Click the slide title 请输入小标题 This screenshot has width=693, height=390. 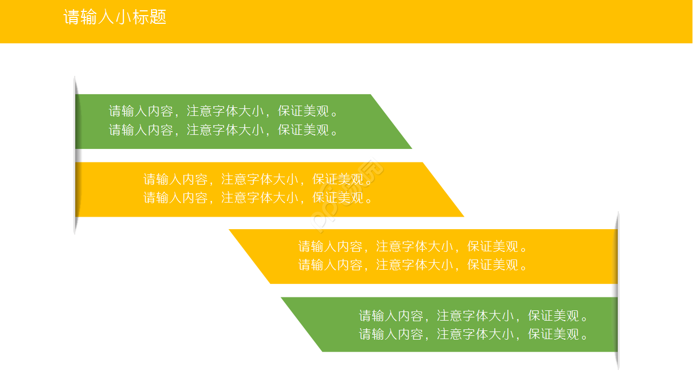tap(115, 17)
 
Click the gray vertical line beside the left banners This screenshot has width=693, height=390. tap(75, 155)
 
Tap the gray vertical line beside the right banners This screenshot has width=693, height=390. tap(618, 290)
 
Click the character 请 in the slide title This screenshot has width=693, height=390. tap(71, 17)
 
